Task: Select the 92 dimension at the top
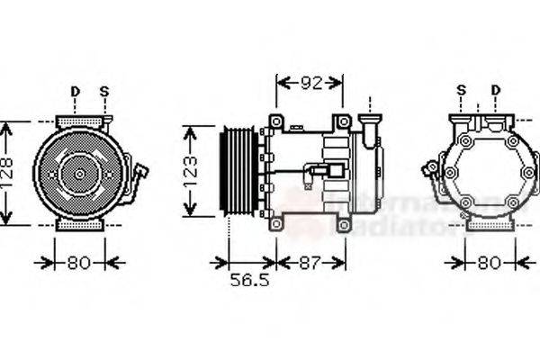tap(310, 84)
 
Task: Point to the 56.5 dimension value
tap(248, 281)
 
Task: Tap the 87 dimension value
tap(310, 263)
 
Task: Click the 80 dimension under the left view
tap(79, 263)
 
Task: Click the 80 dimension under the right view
tap(489, 263)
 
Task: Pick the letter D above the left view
tap(75, 91)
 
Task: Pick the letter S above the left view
tap(104, 91)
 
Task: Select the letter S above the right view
tap(462, 90)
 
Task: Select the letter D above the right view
tap(495, 90)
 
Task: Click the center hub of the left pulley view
tap(79, 174)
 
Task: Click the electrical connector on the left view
tap(141, 172)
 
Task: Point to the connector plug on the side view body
tap(335, 171)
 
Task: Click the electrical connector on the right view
tap(430, 168)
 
